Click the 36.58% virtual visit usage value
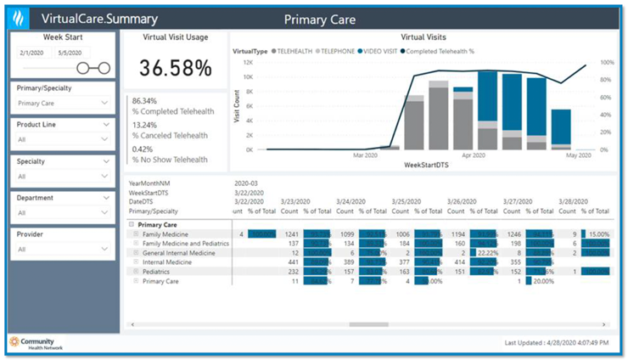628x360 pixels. click(x=175, y=68)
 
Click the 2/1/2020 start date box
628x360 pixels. click(x=31, y=53)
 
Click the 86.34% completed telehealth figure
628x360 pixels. click(x=146, y=101)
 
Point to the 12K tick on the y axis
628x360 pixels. click(x=249, y=62)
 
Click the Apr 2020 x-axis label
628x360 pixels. click(x=474, y=155)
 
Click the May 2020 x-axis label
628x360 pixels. click(x=578, y=155)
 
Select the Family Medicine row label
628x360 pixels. click(x=165, y=233)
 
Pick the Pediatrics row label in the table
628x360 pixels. click(x=159, y=272)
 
